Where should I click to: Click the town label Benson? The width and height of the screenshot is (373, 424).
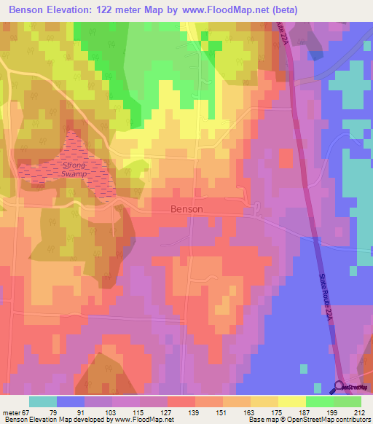(x=186, y=208)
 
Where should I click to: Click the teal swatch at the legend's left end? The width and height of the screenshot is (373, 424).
(x=42, y=401)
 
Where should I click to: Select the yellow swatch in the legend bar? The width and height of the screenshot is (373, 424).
(x=291, y=401)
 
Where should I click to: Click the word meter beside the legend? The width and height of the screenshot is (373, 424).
(x=10, y=412)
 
